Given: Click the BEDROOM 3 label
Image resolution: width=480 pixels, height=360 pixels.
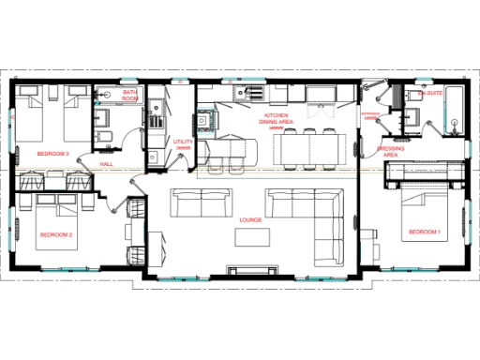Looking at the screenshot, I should click(53, 153).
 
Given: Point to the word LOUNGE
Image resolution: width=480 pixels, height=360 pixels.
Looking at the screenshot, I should click(249, 220).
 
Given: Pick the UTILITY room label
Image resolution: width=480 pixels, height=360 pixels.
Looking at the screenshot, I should click(183, 142).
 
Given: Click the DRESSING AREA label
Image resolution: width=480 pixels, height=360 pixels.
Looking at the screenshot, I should click(391, 152).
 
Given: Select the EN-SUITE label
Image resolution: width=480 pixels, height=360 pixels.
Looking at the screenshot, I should click(432, 94).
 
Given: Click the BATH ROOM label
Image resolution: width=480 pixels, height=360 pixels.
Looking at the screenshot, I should click(130, 96).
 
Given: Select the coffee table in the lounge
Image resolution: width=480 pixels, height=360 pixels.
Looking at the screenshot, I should click(250, 239).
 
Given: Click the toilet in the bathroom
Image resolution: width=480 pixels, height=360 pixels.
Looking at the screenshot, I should click(105, 139).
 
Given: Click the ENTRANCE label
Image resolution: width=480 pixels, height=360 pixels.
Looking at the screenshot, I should click(370, 115).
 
